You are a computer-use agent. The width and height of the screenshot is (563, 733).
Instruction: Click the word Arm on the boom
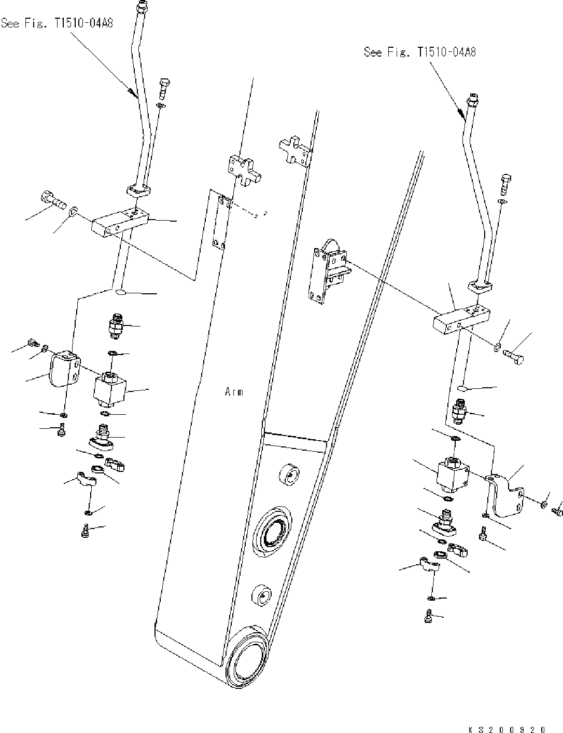coord(234,392)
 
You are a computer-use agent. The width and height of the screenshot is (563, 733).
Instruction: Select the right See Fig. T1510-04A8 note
coord(420,52)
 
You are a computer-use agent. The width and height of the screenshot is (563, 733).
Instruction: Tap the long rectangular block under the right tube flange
coord(461,318)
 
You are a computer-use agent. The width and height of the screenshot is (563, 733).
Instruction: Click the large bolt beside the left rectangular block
coord(53,199)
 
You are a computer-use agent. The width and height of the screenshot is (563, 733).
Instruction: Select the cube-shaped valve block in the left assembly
coord(110,389)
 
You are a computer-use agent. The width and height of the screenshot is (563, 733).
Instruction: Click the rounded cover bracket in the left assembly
coord(64,368)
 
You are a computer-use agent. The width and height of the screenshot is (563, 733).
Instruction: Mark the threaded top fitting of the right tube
coord(472,98)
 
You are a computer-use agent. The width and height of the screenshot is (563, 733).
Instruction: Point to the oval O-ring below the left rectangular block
coord(122,293)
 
